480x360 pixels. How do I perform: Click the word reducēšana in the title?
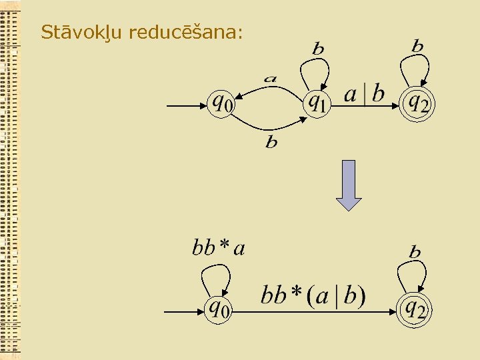(x=185, y=31)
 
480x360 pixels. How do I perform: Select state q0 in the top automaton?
(x=222, y=104)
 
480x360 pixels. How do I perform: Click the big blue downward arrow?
(x=349, y=185)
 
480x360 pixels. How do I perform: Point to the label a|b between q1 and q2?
(x=364, y=94)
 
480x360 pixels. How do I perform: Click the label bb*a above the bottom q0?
(x=219, y=249)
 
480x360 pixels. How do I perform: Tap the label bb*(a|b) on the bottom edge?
(x=313, y=295)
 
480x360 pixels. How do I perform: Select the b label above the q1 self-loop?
(x=318, y=48)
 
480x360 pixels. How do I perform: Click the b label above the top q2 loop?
(x=417, y=45)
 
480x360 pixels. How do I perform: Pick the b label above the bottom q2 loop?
(x=415, y=251)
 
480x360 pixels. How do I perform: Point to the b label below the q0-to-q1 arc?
(x=271, y=142)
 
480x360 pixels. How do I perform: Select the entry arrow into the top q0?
(x=186, y=105)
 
